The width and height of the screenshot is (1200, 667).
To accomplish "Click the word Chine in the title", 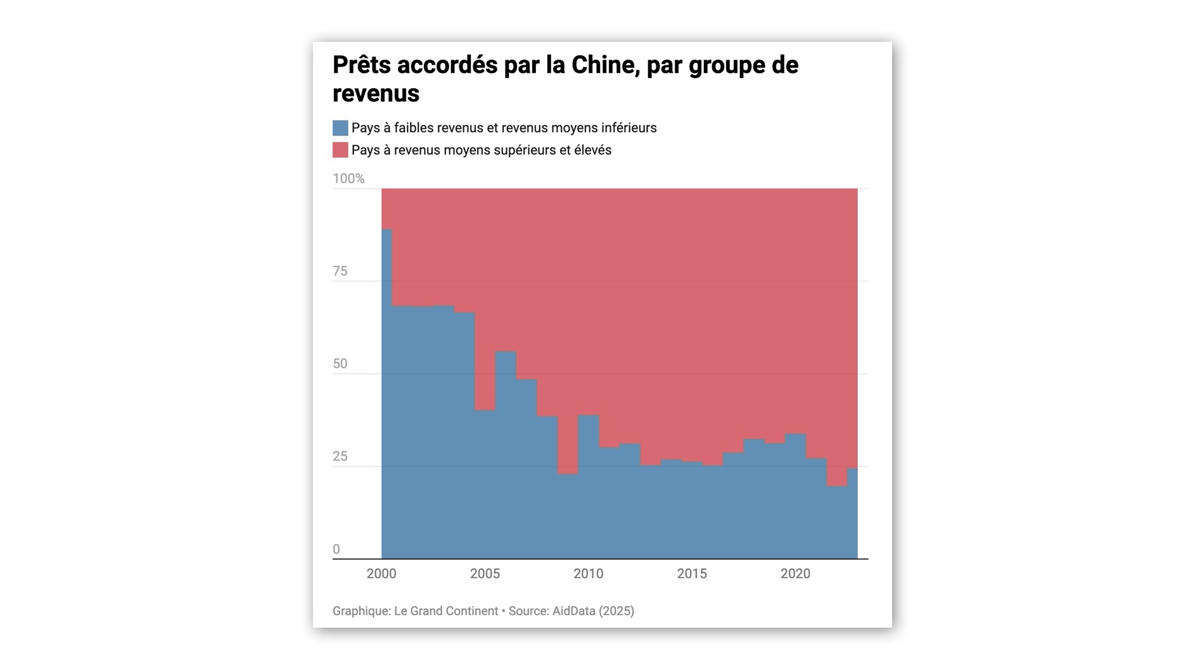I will pyautogui.click(x=604, y=65).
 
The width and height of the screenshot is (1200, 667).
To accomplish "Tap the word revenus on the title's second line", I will pyautogui.click(x=376, y=94).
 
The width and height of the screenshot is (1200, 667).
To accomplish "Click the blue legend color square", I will pyautogui.click(x=340, y=128).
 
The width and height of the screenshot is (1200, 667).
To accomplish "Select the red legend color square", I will pyautogui.click(x=340, y=150).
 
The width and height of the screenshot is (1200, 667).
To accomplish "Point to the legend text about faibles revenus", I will pyautogui.click(x=504, y=128).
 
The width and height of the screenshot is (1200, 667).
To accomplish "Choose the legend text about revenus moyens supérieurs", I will pyautogui.click(x=481, y=150).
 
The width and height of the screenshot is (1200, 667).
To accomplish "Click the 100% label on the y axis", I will pyautogui.click(x=348, y=179).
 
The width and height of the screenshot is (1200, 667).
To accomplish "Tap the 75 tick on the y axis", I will pyautogui.click(x=340, y=271).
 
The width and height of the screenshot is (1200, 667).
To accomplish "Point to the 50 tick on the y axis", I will pyautogui.click(x=340, y=364).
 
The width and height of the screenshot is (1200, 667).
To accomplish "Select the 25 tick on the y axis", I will pyautogui.click(x=340, y=457).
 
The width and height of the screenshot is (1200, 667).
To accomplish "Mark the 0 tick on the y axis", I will pyautogui.click(x=336, y=550).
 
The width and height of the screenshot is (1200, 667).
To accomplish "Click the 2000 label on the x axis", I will pyautogui.click(x=381, y=574).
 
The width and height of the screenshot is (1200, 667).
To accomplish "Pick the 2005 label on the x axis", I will pyautogui.click(x=485, y=574).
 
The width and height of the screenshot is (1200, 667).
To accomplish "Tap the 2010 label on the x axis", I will pyautogui.click(x=588, y=574).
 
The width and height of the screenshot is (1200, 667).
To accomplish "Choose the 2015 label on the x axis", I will pyautogui.click(x=692, y=574).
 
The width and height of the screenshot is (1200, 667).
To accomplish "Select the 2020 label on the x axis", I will pyautogui.click(x=795, y=574).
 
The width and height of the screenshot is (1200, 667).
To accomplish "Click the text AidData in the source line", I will pyautogui.click(x=574, y=611).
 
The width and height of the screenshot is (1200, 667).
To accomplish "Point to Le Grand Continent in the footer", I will pyautogui.click(x=446, y=611).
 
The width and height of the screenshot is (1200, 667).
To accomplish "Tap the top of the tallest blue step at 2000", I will pyautogui.click(x=386, y=230).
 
